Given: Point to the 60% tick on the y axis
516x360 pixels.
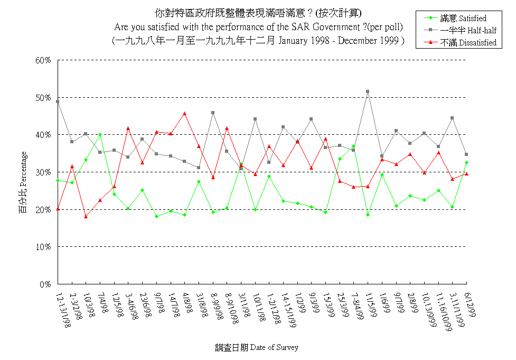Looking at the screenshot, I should click(x=43, y=60).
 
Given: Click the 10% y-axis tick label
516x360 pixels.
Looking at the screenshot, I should click(x=43, y=247).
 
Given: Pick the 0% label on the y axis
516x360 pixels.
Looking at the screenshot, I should click(x=44, y=284).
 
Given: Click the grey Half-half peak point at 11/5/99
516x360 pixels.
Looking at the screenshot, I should click(x=368, y=91).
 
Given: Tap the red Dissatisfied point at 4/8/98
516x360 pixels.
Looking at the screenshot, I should click(x=184, y=113).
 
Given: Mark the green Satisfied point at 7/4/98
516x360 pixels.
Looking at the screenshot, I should click(x=100, y=134).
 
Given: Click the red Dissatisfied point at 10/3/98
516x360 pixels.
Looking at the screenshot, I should click(x=86, y=217).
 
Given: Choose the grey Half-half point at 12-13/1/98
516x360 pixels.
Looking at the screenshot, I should click(x=58, y=101).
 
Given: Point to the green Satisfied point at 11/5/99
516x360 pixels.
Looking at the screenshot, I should click(x=368, y=215).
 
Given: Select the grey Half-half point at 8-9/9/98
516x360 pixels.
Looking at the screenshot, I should click(x=213, y=113).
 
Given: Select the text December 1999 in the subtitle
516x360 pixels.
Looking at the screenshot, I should click(x=377, y=40).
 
